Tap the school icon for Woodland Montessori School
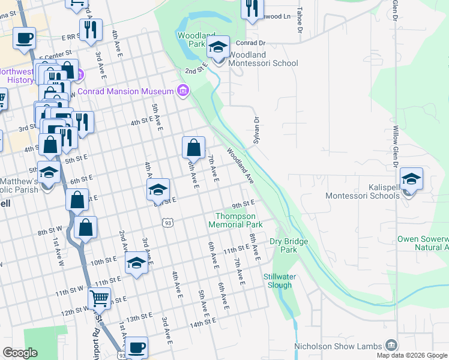tap(219, 47)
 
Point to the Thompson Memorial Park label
tap(235, 220)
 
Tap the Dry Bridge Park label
tap(283, 245)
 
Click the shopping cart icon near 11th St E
tap(99, 298)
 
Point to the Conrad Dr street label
tap(250, 43)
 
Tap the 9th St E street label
tap(244, 204)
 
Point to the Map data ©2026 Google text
tap(411, 355)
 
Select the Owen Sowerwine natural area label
tap(423, 243)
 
